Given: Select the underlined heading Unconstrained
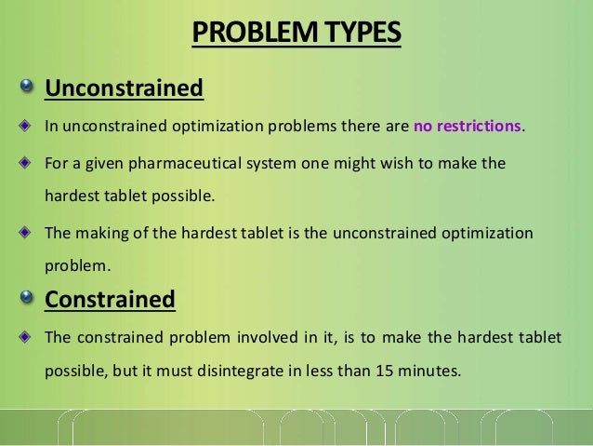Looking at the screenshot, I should point(125,89).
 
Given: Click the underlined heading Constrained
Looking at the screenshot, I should point(111,300).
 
